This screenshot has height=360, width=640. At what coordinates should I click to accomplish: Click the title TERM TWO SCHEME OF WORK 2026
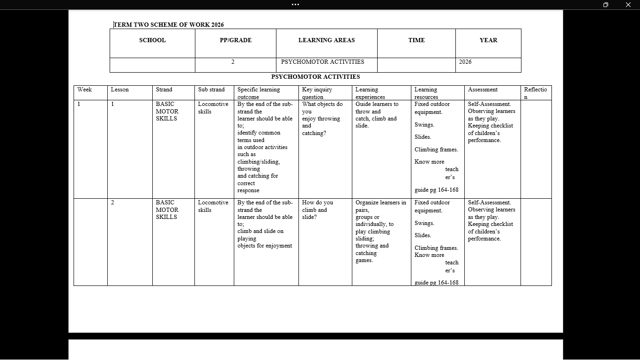click(x=169, y=25)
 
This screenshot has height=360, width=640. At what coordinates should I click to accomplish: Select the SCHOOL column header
click(x=152, y=40)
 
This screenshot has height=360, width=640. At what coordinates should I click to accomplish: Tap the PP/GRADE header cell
click(x=235, y=40)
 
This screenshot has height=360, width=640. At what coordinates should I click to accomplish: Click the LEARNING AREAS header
click(x=327, y=40)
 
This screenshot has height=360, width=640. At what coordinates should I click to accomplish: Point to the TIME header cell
click(x=416, y=40)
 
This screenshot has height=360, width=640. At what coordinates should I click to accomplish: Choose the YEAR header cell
click(x=488, y=40)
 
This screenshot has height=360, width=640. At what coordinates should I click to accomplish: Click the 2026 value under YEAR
click(x=465, y=62)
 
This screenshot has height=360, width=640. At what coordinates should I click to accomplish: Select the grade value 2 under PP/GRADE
click(x=233, y=62)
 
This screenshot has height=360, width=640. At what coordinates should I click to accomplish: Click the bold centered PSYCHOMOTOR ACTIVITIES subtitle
click(x=315, y=77)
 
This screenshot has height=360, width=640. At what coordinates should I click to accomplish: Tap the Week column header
click(x=85, y=90)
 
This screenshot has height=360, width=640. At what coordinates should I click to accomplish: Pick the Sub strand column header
click(x=211, y=90)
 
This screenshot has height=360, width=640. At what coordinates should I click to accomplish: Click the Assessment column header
click(x=483, y=90)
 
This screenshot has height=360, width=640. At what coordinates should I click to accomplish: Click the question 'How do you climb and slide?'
click(x=317, y=210)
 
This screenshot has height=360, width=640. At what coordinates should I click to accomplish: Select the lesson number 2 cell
click(x=112, y=202)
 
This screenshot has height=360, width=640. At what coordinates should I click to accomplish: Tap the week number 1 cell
click(x=79, y=104)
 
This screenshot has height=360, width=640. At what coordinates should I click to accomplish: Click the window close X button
click(x=628, y=5)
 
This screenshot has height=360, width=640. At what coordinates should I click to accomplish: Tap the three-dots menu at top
click(x=295, y=5)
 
